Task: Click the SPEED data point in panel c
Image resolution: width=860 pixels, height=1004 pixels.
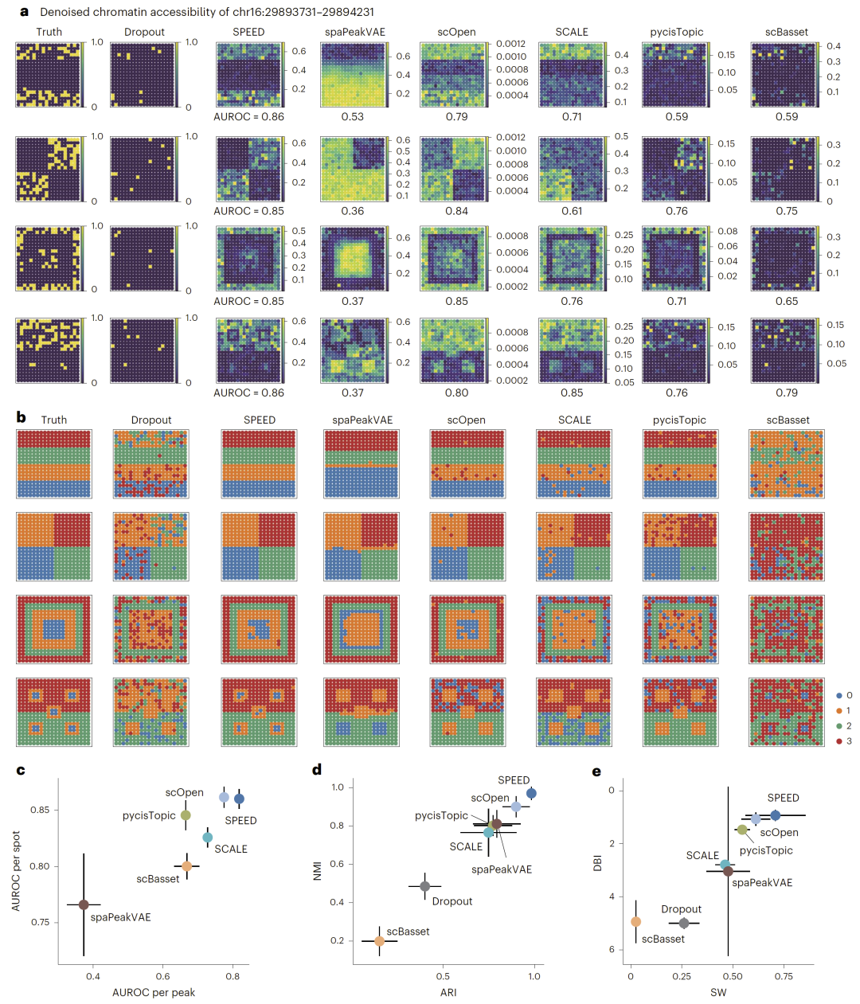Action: tap(239, 799)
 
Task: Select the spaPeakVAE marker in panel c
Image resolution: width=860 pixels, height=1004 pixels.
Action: tap(84, 904)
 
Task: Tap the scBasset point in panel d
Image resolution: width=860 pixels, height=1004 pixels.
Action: tap(379, 940)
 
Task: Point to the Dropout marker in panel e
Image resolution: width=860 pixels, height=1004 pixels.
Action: tap(683, 923)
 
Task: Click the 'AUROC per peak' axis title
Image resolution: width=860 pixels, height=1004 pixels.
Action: tap(154, 992)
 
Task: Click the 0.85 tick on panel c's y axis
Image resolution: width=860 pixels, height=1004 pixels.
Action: tap(40, 810)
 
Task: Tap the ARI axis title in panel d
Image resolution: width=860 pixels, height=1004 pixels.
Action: tap(448, 992)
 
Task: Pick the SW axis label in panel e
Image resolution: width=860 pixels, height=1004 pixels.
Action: tap(718, 992)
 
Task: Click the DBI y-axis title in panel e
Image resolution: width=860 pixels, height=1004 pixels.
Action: tap(598, 862)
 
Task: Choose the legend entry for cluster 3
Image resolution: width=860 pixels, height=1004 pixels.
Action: tap(849, 740)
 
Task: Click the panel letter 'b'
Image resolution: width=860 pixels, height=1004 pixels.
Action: tap(21, 417)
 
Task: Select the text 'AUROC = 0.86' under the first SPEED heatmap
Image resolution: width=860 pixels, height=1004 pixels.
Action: tap(248, 116)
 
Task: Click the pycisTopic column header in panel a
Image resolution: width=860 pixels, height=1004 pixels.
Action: tap(676, 32)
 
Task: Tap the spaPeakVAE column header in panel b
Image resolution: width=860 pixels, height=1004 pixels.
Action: tap(362, 420)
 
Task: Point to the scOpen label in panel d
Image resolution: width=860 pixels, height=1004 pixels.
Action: tap(490, 798)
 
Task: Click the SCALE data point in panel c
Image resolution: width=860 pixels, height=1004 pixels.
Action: tap(207, 837)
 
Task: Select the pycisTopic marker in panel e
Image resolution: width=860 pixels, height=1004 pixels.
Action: tap(742, 830)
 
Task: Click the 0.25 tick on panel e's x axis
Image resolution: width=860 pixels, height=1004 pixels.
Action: tap(683, 976)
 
